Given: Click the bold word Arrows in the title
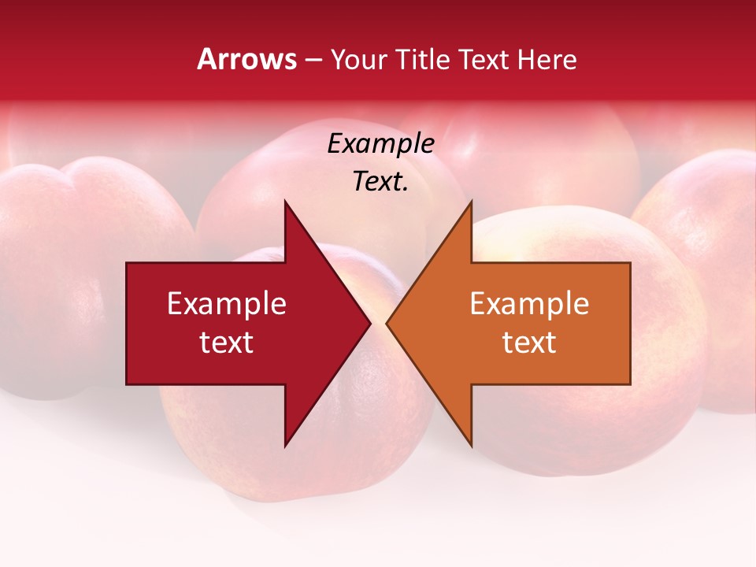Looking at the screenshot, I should tap(246, 59).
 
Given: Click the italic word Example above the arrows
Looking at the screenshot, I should tap(380, 143).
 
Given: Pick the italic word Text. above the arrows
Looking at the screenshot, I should tap(380, 182).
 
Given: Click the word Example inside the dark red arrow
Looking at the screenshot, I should tap(227, 304).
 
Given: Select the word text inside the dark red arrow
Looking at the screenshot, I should tap(227, 343).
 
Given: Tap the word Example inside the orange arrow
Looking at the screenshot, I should tap(529, 304).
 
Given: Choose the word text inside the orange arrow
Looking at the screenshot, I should tap(529, 343).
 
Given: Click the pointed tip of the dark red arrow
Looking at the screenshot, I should tap(370, 323).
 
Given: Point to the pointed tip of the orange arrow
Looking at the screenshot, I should tap(387, 323).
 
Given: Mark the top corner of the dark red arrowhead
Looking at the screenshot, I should tap(285, 202).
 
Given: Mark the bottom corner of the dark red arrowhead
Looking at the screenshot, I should tap(285, 446).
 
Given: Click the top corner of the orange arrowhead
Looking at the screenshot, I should tap(471, 202).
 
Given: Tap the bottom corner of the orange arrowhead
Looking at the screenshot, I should tap(471, 446).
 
